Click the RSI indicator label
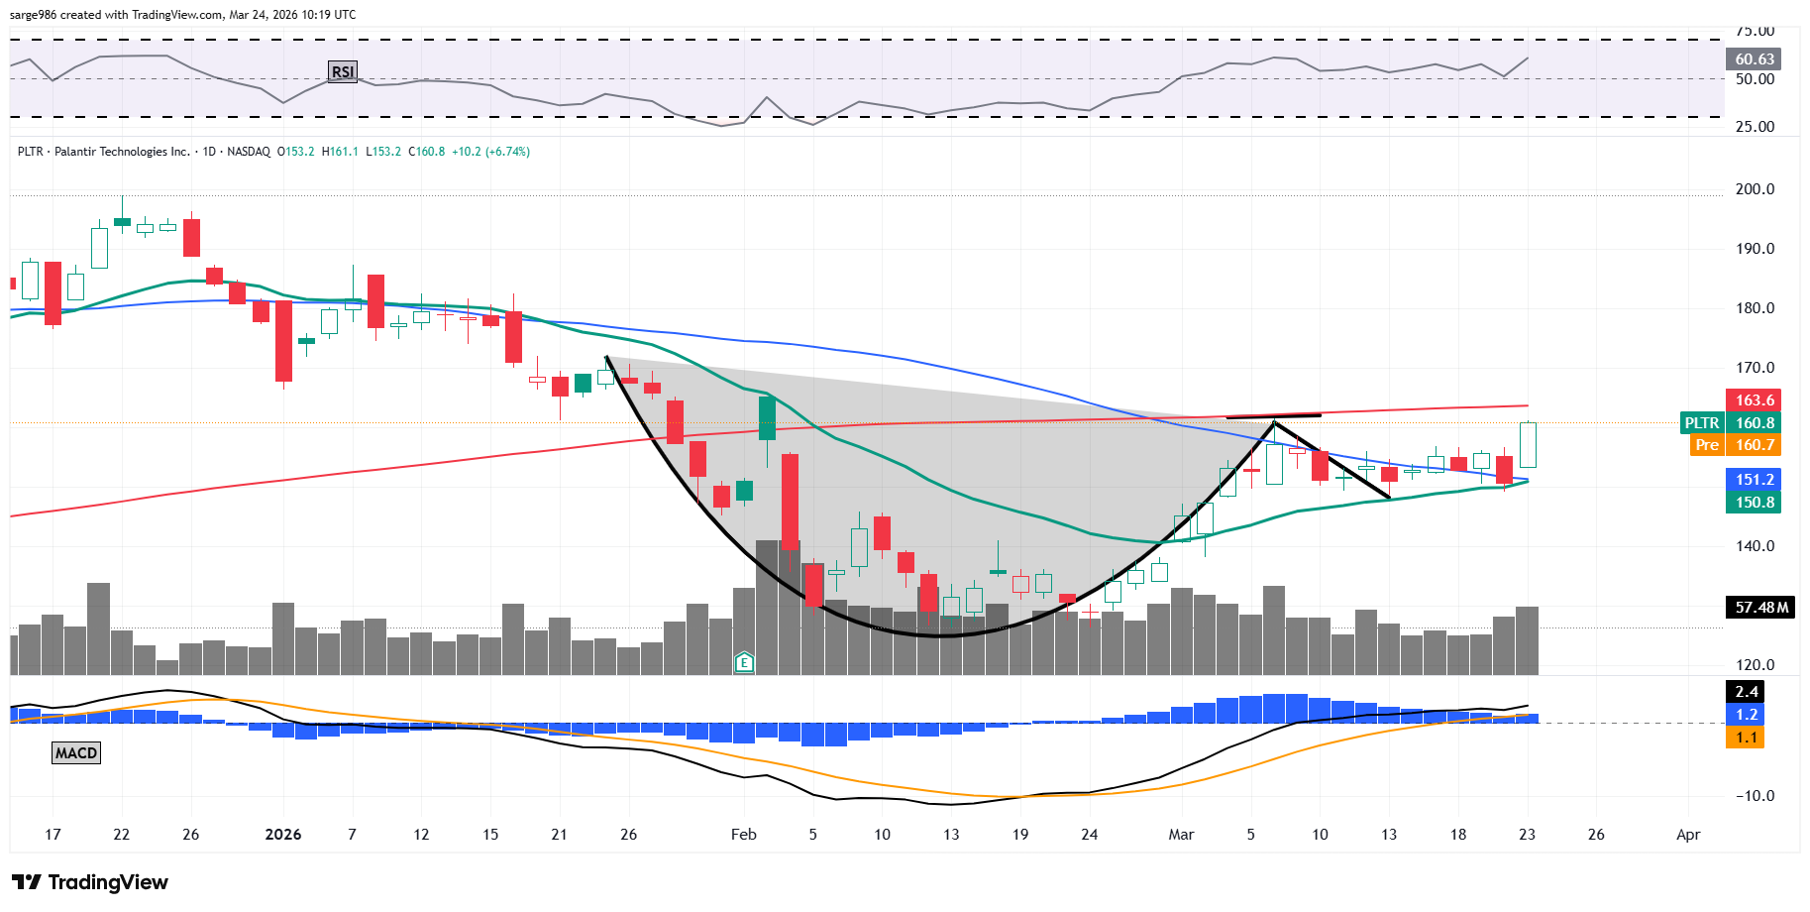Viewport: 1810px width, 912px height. tap(342, 71)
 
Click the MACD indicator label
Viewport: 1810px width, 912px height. tap(76, 753)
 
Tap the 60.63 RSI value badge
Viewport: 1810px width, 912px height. tap(1754, 59)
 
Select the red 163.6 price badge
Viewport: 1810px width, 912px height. tap(1754, 400)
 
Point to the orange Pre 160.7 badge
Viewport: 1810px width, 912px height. tap(1735, 445)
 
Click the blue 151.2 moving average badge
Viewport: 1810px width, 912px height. tap(1754, 480)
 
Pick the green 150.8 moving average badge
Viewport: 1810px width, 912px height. tap(1754, 503)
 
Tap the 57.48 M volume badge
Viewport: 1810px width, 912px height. tap(1761, 608)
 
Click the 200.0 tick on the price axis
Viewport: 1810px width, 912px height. tap(1755, 189)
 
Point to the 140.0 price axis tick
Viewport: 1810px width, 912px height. tap(1755, 546)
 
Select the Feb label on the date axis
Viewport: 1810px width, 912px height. tap(743, 835)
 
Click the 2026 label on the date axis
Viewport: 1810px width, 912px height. tap(283, 835)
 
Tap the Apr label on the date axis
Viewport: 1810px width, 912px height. tap(1688, 835)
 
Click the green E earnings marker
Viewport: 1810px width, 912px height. tap(744, 662)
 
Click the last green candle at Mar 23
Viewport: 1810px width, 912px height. tap(1528, 445)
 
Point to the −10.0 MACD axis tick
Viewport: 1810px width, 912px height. tap(1754, 796)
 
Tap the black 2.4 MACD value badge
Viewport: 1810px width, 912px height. tap(1746, 692)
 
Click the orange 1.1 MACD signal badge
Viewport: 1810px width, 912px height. tap(1746, 738)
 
